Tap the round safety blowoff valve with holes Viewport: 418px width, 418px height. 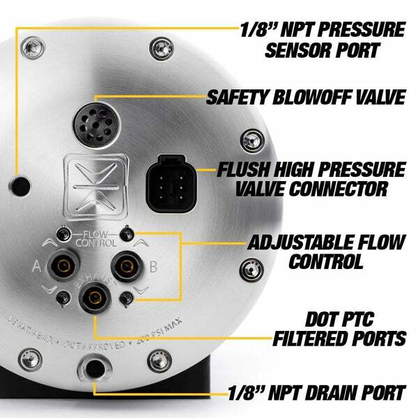(93, 125)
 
